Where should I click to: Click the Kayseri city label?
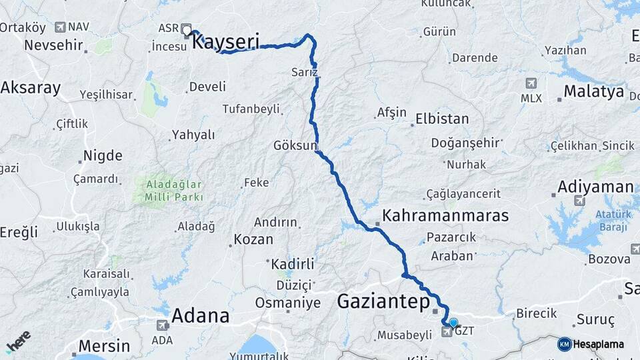pyautogui.click(x=225, y=42)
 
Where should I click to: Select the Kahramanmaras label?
pyautogui.click(x=445, y=216)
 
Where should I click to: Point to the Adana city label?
pyautogui.click(x=200, y=315)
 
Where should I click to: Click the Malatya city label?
pyautogui.click(x=593, y=91)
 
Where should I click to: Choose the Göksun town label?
pyautogui.click(x=295, y=145)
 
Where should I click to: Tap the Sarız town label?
pyautogui.click(x=305, y=72)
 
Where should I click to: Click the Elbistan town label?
pyautogui.click(x=442, y=119)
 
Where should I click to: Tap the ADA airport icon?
pyautogui.click(x=162, y=325)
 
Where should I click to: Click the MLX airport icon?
pyautogui.click(x=531, y=84)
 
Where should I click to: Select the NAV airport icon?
pyautogui.click(x=61, y=27)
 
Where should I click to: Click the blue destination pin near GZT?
pyautogui.click(x=453, y=323)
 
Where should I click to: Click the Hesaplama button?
pyautogui.click(x=591, y=344)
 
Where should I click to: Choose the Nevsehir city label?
pyautogui.click(x=53, y=46)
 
